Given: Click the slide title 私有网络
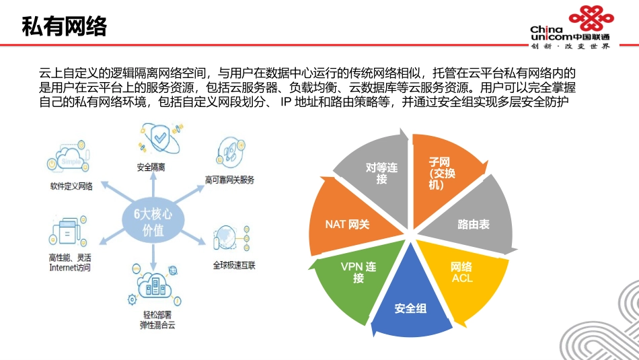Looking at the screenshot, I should [x=65, y=26].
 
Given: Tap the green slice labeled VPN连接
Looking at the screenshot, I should [x=358, y=273].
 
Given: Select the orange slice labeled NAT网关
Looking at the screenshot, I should [x=347, y=224].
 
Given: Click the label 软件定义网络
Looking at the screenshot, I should [x=71, y=186].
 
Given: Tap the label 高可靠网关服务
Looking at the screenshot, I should [x=229, y=180].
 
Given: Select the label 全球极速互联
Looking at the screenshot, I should [x=234, y=265].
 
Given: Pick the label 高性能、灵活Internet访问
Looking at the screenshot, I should [x=70, y=262].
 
